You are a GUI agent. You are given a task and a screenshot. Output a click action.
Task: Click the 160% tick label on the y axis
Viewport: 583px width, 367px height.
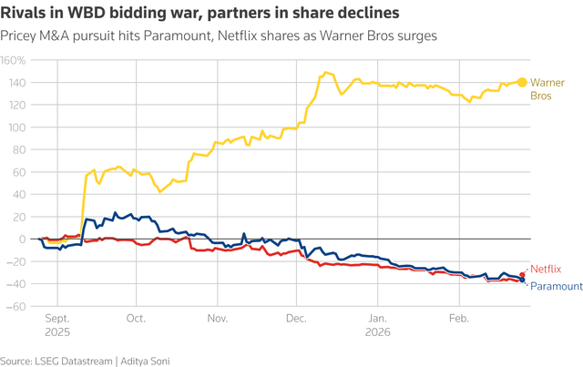point(14,60)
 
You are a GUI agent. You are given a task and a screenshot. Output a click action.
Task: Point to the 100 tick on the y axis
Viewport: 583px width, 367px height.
point(15,127)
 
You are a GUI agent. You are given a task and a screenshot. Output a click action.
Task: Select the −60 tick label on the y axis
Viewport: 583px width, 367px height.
point(14,306)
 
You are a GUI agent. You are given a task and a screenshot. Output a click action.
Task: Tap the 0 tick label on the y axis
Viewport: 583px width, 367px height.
point(22,239)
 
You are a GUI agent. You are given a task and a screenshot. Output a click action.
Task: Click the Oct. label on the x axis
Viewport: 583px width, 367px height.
point(137,320)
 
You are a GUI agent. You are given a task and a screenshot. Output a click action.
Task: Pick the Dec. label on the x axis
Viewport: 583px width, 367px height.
point(296,320)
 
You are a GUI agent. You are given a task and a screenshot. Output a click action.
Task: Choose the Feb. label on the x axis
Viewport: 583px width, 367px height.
point(458,320)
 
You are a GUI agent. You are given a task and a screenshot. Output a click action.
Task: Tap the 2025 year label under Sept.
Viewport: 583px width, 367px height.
point(57,333)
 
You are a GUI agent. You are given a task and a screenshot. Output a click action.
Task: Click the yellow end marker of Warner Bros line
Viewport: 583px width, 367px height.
point(523,82)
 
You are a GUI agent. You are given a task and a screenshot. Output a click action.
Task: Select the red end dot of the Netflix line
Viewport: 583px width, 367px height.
point(523,275)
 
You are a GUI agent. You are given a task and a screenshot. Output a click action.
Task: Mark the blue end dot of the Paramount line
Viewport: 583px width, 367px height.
point(523,280)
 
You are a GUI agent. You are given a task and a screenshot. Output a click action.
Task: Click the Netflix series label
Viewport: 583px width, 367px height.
point(547,270)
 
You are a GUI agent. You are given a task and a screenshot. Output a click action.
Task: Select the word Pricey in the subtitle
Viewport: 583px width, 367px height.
point(20,36)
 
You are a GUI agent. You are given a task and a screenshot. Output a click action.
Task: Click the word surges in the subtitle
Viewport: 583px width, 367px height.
point(416,36)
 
